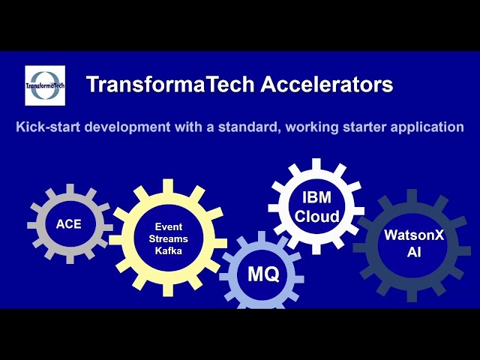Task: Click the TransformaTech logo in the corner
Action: [x=45, y=85]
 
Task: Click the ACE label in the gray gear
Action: [x=69, y=223]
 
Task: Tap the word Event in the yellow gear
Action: [x=169, y=226]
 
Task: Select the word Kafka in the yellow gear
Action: [x=169, y=251]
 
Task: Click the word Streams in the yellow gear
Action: [x=169, y=238]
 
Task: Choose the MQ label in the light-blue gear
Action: [x=263, y=275]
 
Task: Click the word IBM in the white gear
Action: [x=316, y=199]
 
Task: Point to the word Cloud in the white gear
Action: [x=316, y=217]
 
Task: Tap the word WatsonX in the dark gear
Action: [x=414, y=235]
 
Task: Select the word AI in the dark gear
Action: [x=414, y=253]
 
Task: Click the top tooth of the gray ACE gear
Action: [x=70, y=188]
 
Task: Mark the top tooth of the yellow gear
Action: [x=168, y=184]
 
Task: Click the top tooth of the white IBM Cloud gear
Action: [x=316, y=163]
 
